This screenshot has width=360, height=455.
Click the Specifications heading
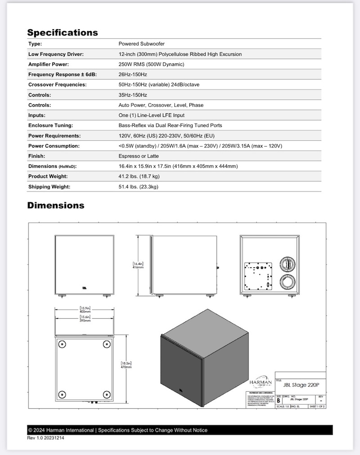[63, 32]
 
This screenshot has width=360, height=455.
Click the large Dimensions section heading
[56, 205]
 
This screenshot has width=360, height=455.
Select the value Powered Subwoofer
[141, 44]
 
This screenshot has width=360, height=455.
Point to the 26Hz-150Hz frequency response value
[133, 75]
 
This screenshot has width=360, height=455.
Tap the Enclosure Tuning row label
[50, 125]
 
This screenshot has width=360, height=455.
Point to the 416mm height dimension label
[138, 267]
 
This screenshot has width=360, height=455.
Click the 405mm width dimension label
[85, 311]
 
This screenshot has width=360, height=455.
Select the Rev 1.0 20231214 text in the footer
[45, 437]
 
